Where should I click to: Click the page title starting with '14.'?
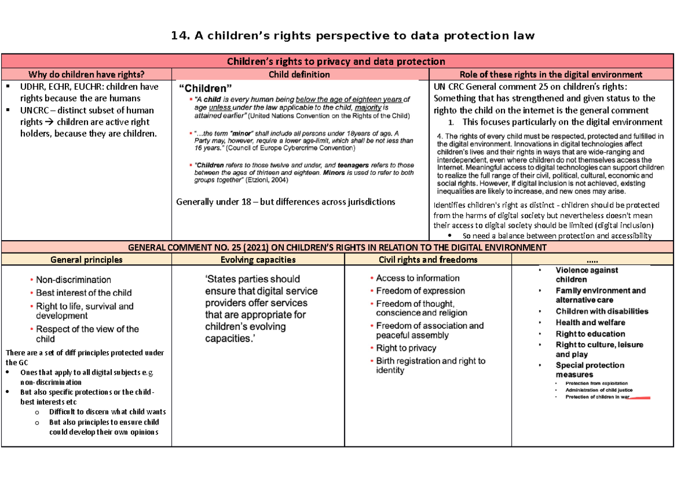(x=353, y=36)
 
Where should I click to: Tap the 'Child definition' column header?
(x=300, y=74)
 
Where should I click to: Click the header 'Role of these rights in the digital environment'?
(x=551, y=74)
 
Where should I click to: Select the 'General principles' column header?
(x=86, y=260)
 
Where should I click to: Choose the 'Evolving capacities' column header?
(x=257, y=260)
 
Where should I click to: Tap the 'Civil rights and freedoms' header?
(x=428, y=260)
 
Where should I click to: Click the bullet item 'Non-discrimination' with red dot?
(x=73, y=280)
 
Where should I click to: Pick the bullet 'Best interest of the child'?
(x=83, y=293)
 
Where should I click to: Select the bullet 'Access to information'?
(x=417, y=278)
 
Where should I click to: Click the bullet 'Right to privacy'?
(x=406, y=348)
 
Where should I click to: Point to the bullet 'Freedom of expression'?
(x=420, y=291)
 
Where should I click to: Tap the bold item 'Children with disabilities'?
(x=601, y=311)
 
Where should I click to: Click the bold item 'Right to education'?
(x=590, y=334)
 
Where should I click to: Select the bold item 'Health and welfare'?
(x=590, y=322)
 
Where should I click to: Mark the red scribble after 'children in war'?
(x=639, y=397)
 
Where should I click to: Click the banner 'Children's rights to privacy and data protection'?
(x=336, y=61)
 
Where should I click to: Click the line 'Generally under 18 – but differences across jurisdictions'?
(x=285, y=202)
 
